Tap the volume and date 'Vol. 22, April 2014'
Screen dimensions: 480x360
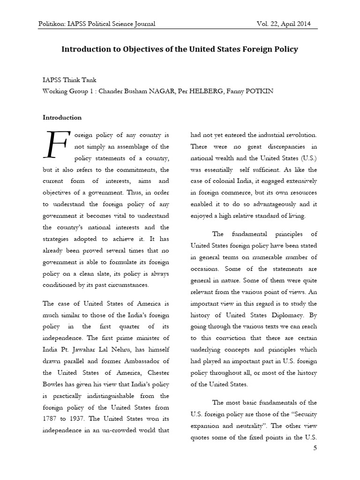pyautogui.click(x=280, y=23)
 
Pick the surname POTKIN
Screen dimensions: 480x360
pyautogui.click(x=257, y=91)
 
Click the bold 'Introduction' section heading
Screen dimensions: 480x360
pyautogui.click(x=62, y=118)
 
